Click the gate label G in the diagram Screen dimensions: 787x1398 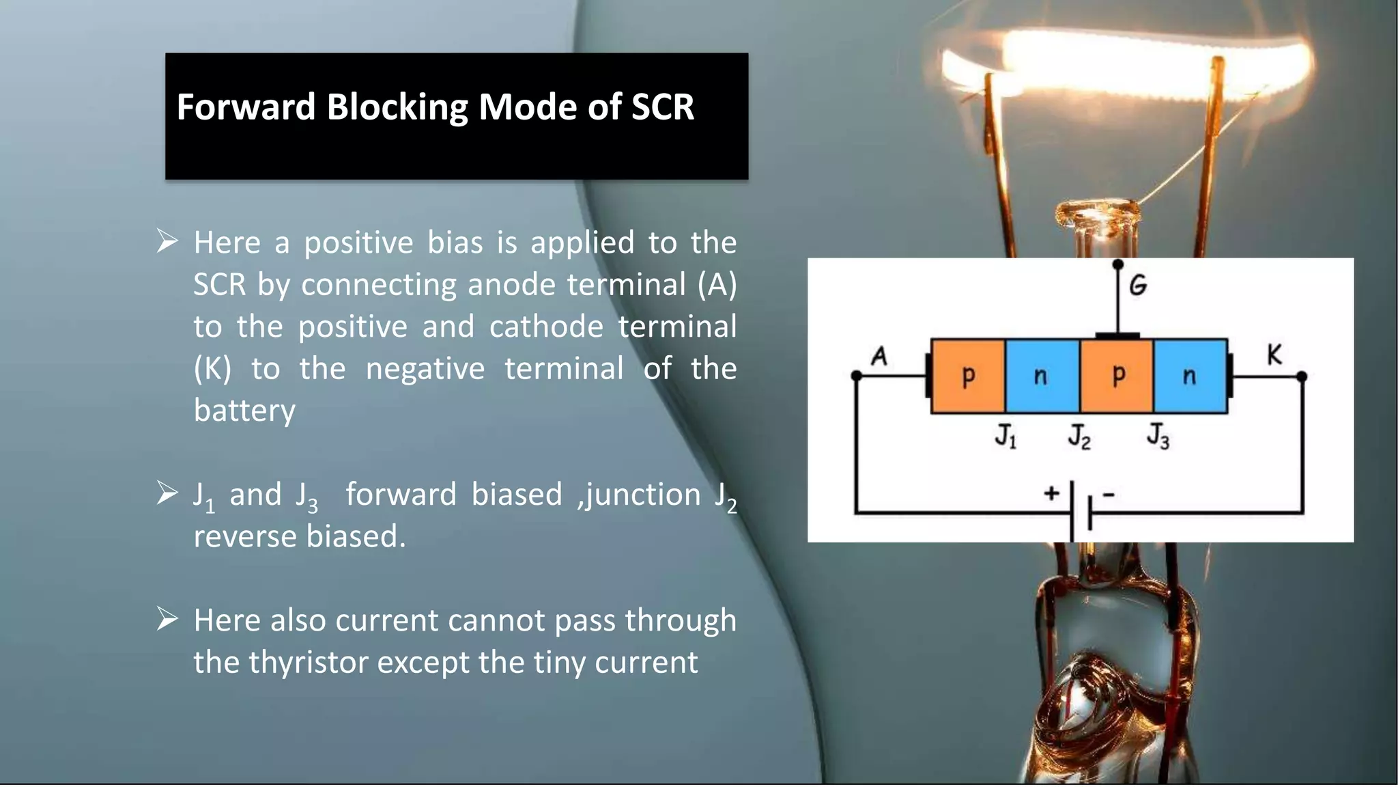click(x=1137, y=285)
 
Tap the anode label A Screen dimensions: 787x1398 click(x=879, y=356)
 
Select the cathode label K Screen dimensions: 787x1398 click(x=1274, y=355)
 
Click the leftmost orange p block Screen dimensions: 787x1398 click(x=968, y=376)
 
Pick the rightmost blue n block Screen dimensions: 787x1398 click(x=1190, y=376)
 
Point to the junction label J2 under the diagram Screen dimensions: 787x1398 click(x=1079, y=436)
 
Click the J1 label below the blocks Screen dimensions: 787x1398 click(x=1005, y=436)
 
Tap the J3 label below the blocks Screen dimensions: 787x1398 click(x=1158, y=436)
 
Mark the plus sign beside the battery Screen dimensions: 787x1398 click(x=1051, y=493)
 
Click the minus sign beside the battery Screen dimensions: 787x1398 click(x=1109, y=494)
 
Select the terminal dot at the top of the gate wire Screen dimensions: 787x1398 click(x=1117, y=264)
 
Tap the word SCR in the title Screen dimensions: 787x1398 click(x=662, y=107)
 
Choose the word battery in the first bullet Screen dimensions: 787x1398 click(x=244, y=411)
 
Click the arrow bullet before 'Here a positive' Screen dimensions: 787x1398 click(x=167, y=241)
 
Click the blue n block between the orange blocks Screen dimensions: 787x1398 click(x=1042, y=376)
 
